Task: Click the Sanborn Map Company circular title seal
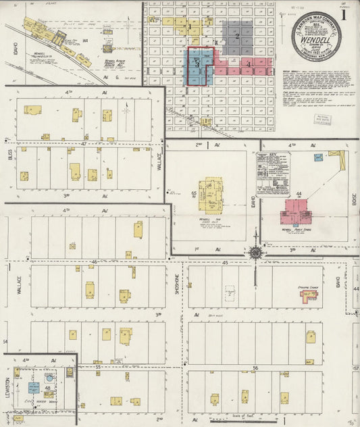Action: click(x=316, y=35)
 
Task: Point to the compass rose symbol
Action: click(x=256, y=253)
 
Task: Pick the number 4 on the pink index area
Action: click(x=249, y=65)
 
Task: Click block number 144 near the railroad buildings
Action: click(x=86, y=42)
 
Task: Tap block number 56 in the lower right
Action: click(x=255, y=368)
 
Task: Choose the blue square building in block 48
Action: click(x=33, y=388)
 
